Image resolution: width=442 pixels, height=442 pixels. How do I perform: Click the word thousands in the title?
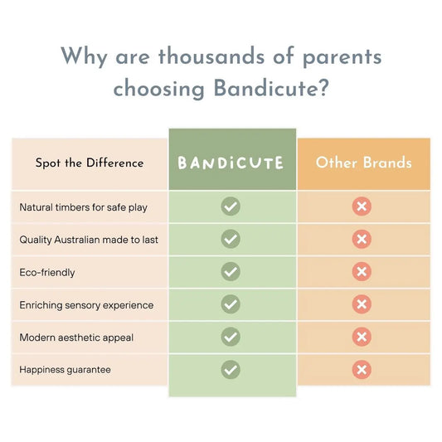pyautogui.click(x=211, y=56)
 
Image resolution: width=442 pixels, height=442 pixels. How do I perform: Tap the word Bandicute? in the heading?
pyautogui.click(x=271, y=88)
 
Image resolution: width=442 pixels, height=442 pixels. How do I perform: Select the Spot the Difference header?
pyautogui.click(x=90, y=163)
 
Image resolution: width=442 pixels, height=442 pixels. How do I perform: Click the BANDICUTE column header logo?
pyautogui.click(x=231, y=163)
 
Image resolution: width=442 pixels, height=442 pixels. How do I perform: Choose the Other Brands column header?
pyautogui.click(x=364, y=163)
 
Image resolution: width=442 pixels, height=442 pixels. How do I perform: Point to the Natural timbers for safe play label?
pyautogui.click(x=84, y=207)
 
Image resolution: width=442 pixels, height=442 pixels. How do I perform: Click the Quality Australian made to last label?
pyautogui.click(x=89, y=240)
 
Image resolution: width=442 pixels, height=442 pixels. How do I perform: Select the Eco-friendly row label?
pyautogui.click(x=47, y=273)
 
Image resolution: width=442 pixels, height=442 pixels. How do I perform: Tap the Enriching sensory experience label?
pyautogui.click(x=86, y=305)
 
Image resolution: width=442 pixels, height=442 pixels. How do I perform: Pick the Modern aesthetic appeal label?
pyautogui.click(x=76, y=338)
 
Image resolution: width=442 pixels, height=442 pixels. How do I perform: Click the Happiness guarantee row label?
pyautogui.click(x=66, y=370)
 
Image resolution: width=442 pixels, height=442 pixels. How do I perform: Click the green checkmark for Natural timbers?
pyautogui.click(x=231, y=206)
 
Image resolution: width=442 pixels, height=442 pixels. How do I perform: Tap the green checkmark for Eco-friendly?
pyautogui.click(x=231, y=271)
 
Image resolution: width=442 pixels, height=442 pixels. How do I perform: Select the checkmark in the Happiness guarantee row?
pyautogui.click(x=231, y=370)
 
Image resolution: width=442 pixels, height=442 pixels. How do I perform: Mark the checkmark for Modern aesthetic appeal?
pyautogui.click(x=231, y=337)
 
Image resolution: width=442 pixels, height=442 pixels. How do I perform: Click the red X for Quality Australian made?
pyautogui.click(x=362, y=239)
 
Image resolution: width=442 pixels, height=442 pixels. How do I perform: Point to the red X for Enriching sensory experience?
pyautogui.click(x=362, y=304)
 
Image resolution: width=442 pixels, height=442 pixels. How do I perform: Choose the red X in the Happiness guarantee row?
pyautogui.click(x=362, y=370)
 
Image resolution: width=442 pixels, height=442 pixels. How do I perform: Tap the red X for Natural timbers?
pyautogui.click(x=362, y=206)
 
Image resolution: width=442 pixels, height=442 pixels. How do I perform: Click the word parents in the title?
pyautogui.click(x=342, y=58)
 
